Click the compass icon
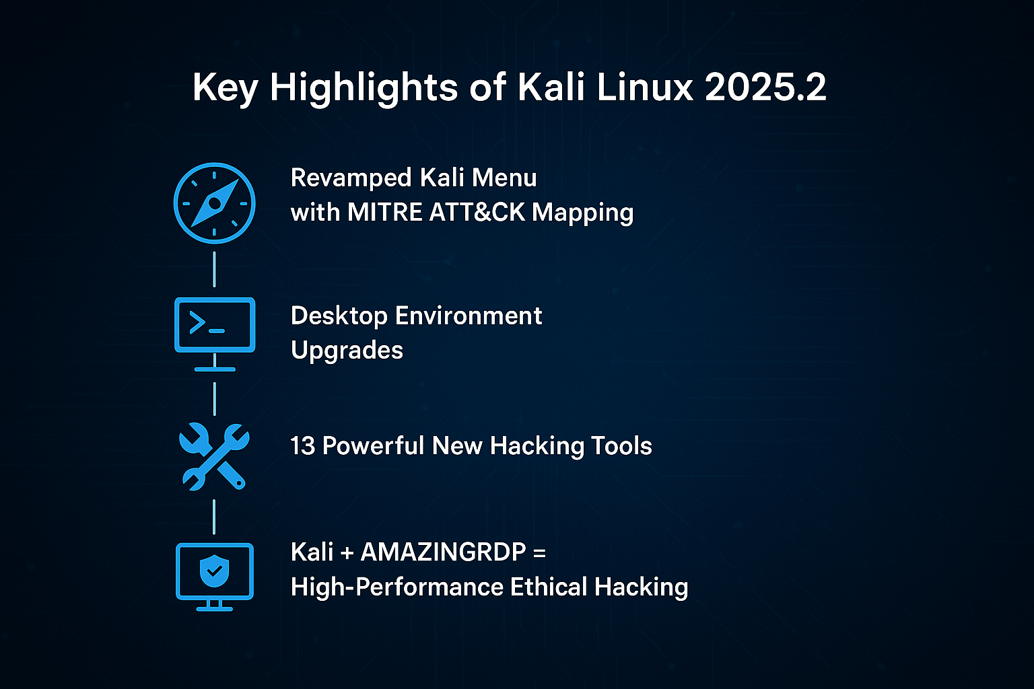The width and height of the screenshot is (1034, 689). pos(214,203)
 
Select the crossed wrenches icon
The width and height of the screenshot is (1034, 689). pos(214,456)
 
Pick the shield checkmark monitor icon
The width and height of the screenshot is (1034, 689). pos(215,575)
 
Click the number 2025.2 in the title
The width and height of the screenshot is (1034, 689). pos(765,87)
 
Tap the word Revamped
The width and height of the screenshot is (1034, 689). pos(351,178)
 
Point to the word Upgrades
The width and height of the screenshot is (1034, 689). pos(347,351)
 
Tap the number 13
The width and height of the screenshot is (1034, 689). pos(302,446)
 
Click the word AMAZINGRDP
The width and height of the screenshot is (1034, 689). pos(443,552)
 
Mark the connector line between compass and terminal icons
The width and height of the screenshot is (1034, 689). pos(214,269)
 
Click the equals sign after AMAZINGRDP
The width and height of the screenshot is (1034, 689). pos(539,553)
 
